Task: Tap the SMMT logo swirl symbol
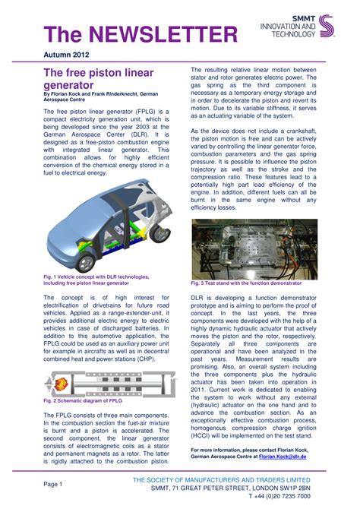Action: pos(325,26)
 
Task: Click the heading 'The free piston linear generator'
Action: pos(98,79)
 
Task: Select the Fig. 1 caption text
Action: pos(96,280)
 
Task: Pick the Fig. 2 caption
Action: pos(82,400)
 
